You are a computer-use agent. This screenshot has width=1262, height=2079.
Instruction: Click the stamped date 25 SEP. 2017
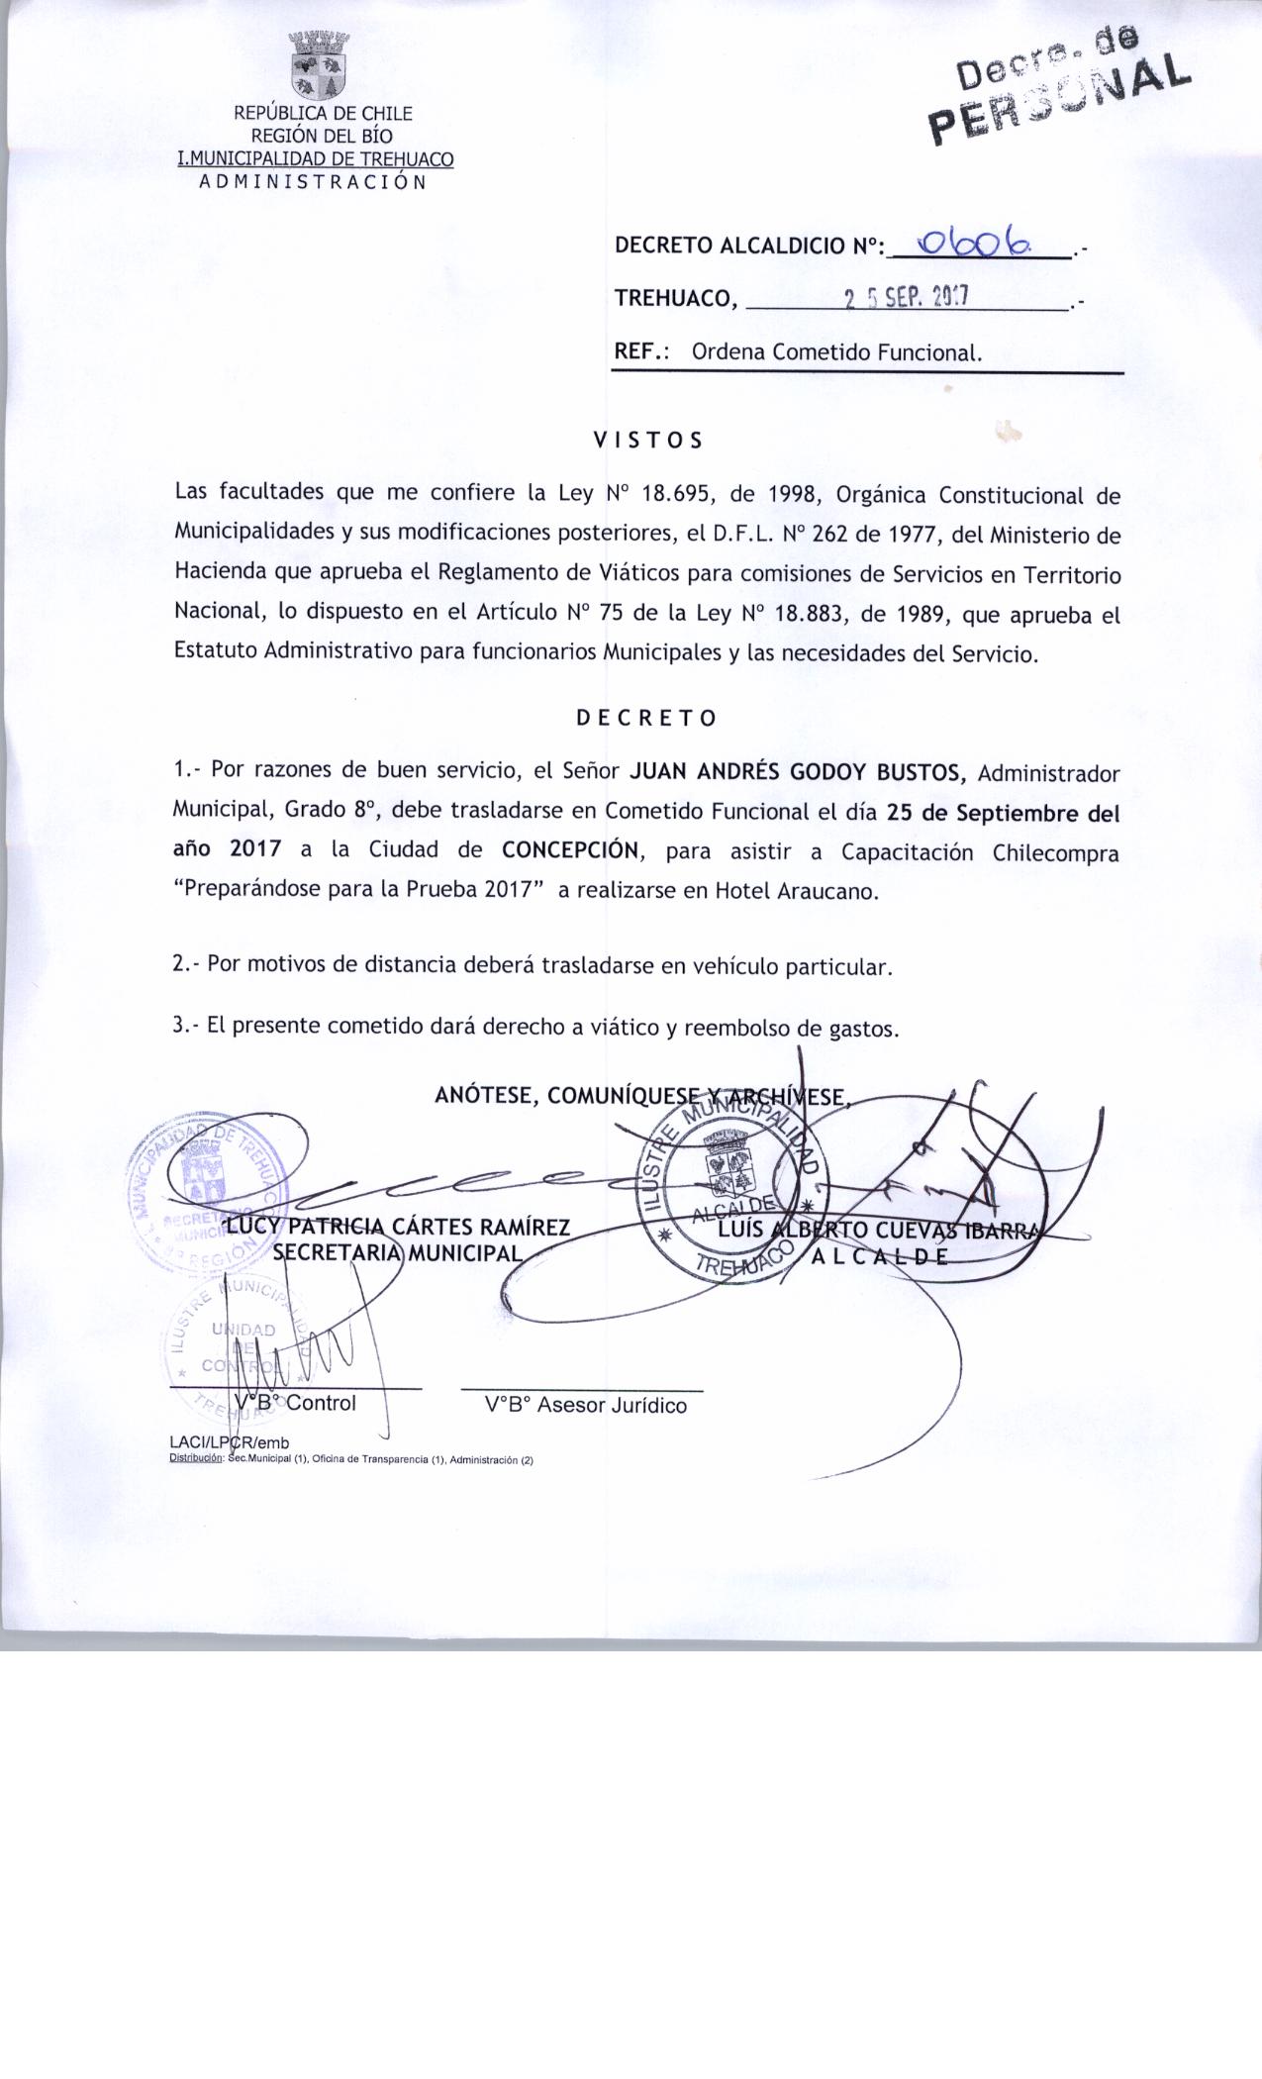(905, 297)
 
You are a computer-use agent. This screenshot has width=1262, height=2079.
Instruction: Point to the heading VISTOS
(647, 441)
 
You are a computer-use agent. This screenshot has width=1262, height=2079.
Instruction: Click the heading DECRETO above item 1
(646, 719)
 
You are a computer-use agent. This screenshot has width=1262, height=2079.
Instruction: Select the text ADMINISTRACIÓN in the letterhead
(313, 182)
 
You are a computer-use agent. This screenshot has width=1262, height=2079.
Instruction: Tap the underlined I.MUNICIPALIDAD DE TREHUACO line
(315, 159)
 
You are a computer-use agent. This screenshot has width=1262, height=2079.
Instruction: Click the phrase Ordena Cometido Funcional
(836, 352)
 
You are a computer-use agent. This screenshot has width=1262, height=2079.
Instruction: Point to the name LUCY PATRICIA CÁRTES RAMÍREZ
(399, 1229)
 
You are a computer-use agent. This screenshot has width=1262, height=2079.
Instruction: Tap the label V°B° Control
(296, 1404)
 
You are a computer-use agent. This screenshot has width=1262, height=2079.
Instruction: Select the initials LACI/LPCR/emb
(230, 1442)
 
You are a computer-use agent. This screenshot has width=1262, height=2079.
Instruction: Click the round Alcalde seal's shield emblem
(733, 1159)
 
